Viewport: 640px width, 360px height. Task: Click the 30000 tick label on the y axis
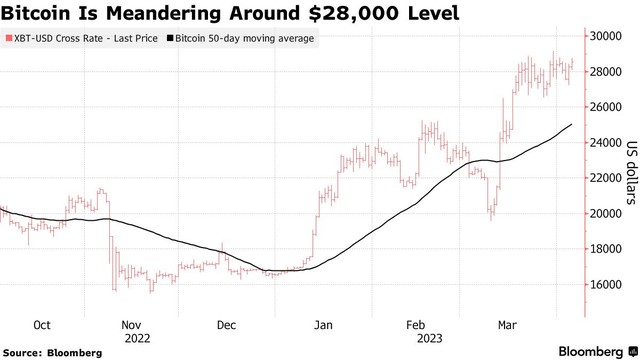606,36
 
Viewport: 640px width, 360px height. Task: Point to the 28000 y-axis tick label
606,72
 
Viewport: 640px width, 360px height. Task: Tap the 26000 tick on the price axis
606,107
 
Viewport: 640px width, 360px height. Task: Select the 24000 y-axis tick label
606,143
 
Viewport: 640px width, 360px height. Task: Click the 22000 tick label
606,178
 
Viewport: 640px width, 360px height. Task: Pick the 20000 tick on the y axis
606,214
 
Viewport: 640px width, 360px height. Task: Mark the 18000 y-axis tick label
606,249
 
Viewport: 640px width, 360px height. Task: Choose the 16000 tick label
606,285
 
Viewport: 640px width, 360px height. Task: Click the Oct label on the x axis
42,325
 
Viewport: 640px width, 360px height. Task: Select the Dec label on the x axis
227,325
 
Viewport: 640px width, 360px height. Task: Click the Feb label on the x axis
416,325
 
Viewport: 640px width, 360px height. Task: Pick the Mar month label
507,325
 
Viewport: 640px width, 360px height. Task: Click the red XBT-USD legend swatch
8,39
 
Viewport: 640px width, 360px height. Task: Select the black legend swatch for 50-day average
169,39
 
